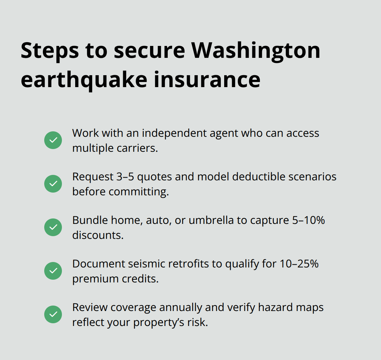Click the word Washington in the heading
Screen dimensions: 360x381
pyautogui.click(x=256, y=50)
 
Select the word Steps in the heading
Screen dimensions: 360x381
pyautogui.click(x=48, y=50)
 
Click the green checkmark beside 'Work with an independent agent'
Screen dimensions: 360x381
pyautogui.click(x=53, y=140)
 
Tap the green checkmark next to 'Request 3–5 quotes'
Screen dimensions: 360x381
pyautogui.click(x=53, y=184)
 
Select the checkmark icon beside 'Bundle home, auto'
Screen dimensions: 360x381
pyautogui.click(x=53, y=227)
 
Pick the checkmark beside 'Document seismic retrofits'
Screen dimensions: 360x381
pyautogui.click(x=53, y=271)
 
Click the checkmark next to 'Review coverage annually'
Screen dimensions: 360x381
pyautogui.click(x=53, y=314)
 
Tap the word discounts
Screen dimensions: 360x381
pyautogui.click(x=98, y=235)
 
